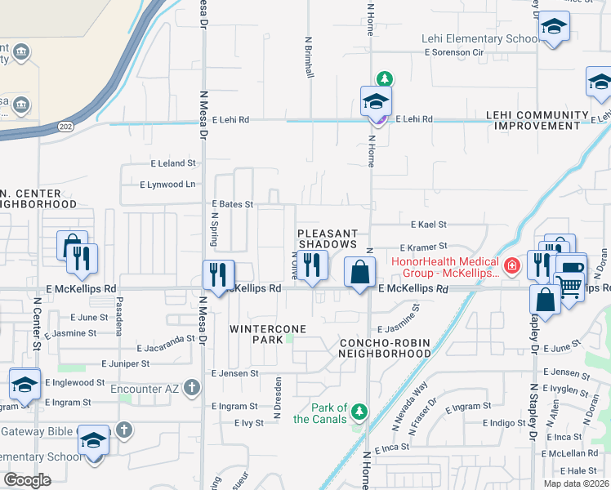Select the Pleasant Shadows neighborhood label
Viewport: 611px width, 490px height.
[328, 238]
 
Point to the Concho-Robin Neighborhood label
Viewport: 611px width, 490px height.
[385, 348]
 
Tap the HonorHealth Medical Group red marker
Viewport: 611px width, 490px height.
[511, 266]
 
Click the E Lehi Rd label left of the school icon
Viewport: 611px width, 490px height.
[230, 119]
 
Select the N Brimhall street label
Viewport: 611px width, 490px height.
[310, 56]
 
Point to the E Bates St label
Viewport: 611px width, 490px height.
[233, 204]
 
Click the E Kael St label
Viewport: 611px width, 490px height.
[429, 224]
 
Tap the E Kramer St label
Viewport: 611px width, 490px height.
[424, 246]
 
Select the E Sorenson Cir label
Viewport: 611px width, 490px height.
[454, 52]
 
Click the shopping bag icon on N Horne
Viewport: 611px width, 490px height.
[359, 272]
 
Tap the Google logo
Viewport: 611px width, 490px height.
[27, 479]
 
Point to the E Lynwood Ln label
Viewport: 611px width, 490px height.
[167, 185]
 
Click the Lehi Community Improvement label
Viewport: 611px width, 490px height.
[537, 120]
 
